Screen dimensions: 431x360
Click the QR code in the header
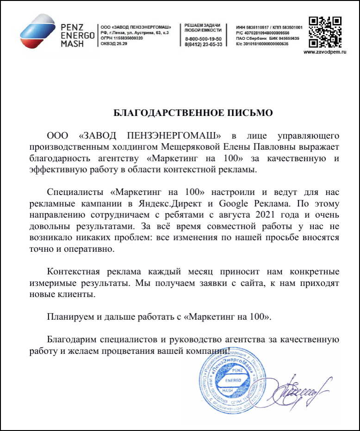click(325, 32)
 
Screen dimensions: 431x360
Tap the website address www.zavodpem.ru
click(325, 52)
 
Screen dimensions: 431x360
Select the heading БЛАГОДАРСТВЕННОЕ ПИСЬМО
click(193, 113)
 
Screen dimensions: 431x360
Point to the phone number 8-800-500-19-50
click(203, 39)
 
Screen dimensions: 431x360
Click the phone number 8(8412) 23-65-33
click(203, 44)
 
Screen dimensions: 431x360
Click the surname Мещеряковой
click(195, 147)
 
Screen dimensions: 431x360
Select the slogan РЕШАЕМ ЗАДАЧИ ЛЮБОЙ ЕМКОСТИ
click(202, 27)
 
